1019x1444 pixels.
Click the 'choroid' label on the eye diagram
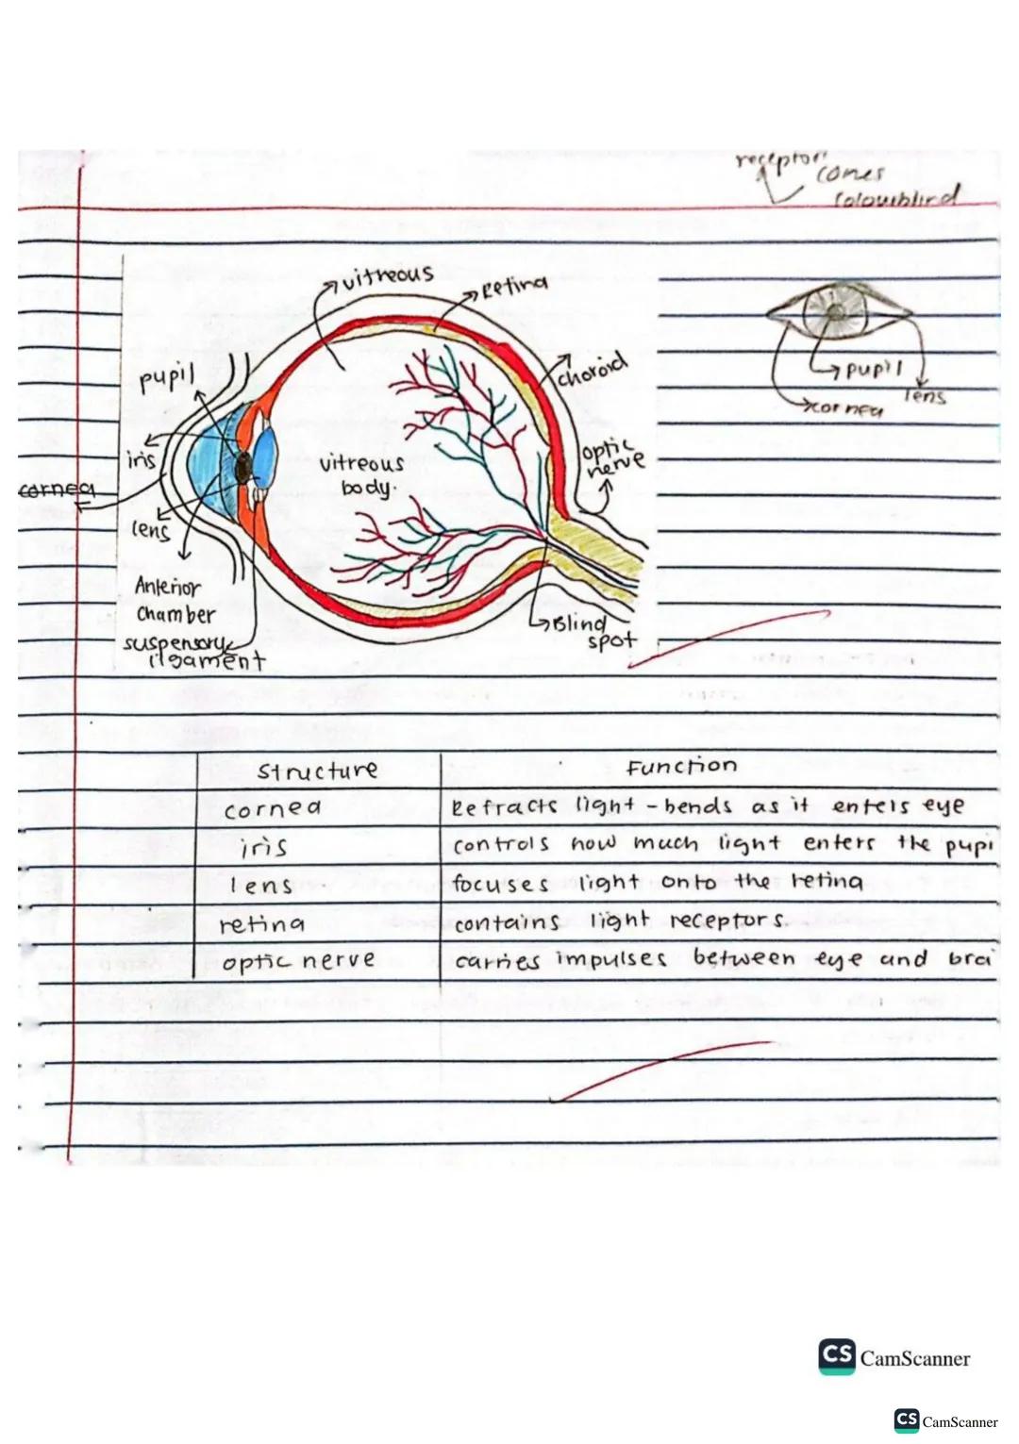(592, 371)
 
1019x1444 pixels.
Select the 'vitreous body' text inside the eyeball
(361, 474)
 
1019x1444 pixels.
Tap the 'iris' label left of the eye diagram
(142, 459)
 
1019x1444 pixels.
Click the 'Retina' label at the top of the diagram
(514, 285)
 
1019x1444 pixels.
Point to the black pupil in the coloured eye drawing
(243, 466)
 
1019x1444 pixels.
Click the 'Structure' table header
(317, 771)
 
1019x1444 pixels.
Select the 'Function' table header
(681, 766)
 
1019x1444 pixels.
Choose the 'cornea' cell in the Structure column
(273, 808)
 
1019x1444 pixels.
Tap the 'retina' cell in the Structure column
(261, 924)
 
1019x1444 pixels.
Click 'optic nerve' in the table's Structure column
(298, 961)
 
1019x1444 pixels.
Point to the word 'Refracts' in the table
(505, 806)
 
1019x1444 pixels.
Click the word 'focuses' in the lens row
(500, 884)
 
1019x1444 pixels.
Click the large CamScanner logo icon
(836, 1356)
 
